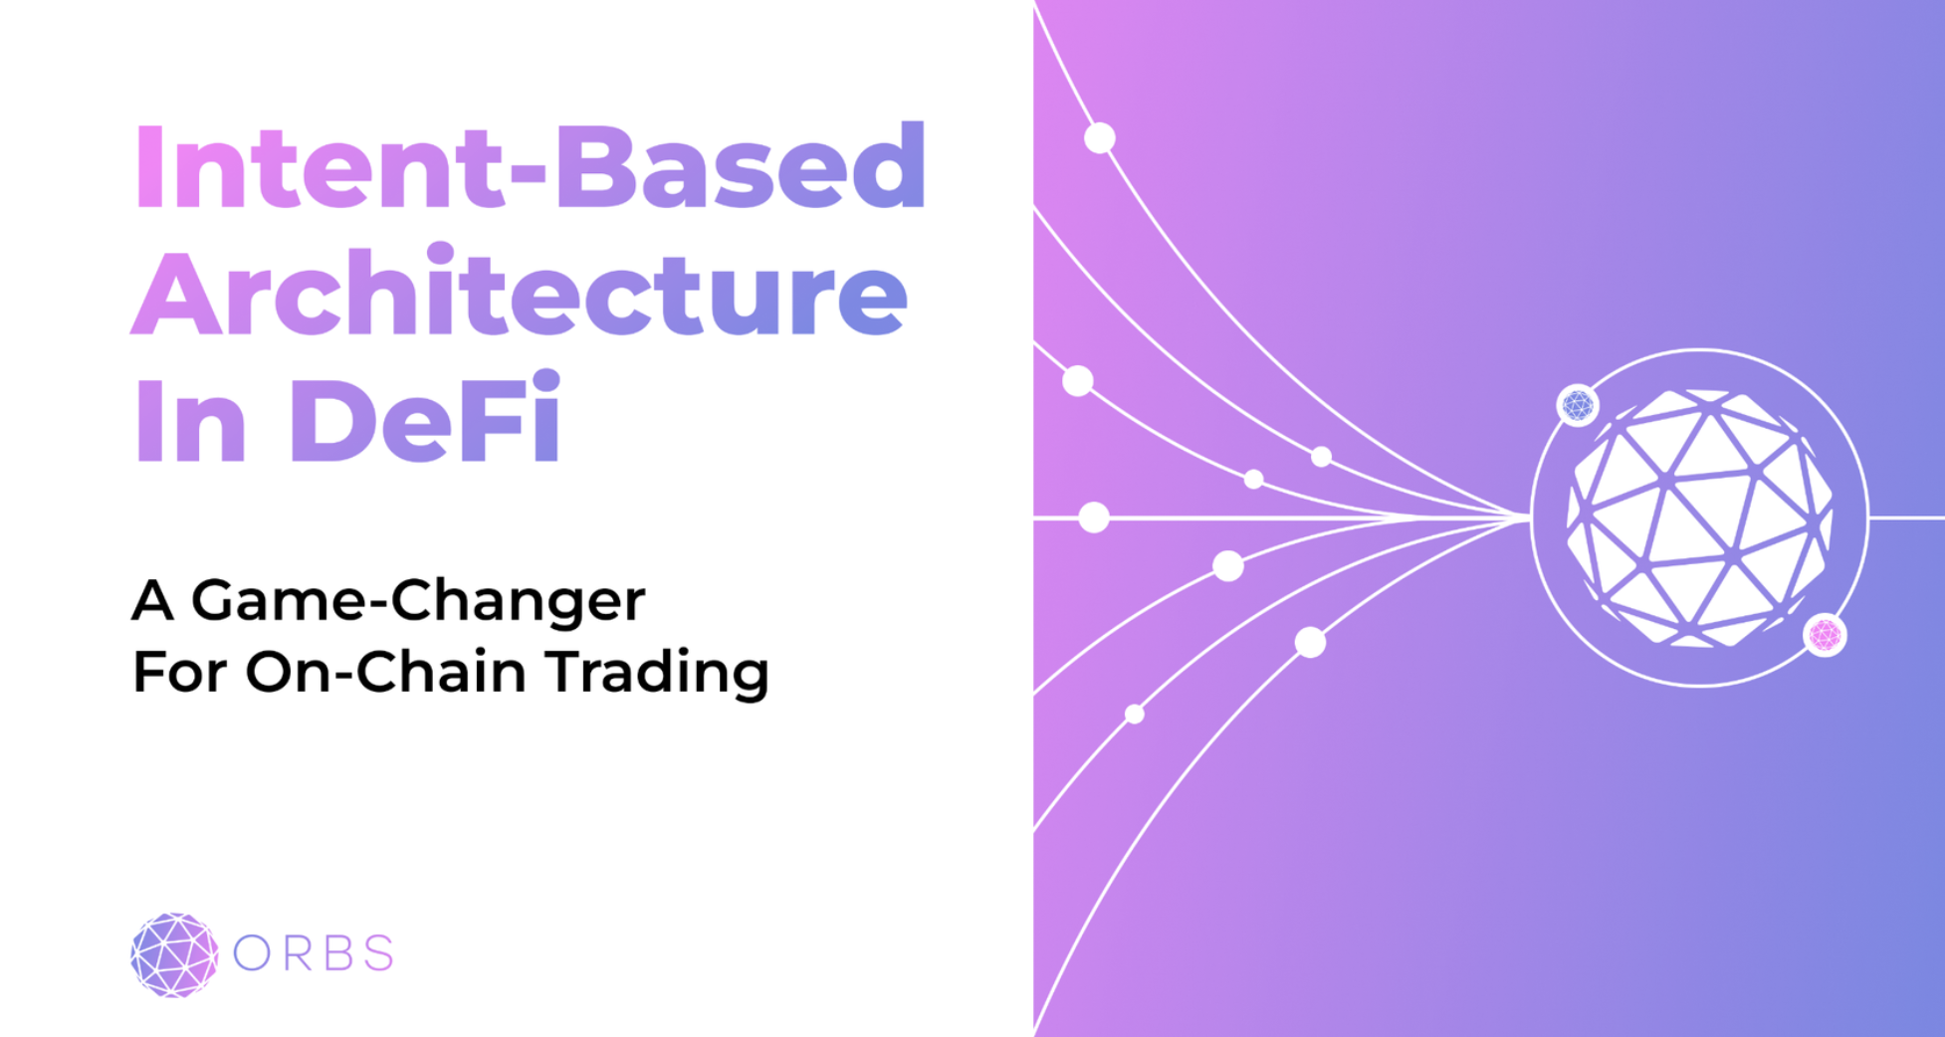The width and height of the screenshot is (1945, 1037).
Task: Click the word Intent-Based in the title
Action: pyautogui.click(x=530, y=166)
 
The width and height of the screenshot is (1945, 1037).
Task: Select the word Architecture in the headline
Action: pyautogui.click(x=520, y=293)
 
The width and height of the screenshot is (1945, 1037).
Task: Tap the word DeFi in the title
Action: pyautogui.click(x=426, y=418)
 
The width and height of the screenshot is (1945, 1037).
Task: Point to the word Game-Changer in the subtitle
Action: pyautogui.click(x=418, y=601)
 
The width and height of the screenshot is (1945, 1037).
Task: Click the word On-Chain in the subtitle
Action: pyautogui.click(x=386, y=671)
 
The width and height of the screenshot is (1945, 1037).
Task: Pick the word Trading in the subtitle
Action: pyautogui.click(x=659, y=673)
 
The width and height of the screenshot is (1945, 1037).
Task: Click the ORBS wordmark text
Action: pyautogui.click(x=314, y=953)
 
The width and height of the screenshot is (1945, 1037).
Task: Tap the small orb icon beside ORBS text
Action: pyautogui.click(x=174, y=954)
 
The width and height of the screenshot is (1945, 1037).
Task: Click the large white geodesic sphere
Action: pyautogui.click(x=1699, y=518)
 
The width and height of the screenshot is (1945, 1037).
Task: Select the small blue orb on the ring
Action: pyautogui.click(x=1578, y=405)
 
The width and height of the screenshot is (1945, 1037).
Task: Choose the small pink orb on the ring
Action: pyautogui.click(x=1825, y=634)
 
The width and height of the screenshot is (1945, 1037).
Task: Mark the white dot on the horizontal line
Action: pyautogui.click(x=1094, y=518)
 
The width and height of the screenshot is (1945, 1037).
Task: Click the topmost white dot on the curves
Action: pyautogui.click(x=1099, y=137)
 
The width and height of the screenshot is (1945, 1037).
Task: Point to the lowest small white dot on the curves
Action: pyautogui.click(x=1134, y=714)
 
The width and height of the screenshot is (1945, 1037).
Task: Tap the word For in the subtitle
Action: pyautogui.click(x=179, y=672)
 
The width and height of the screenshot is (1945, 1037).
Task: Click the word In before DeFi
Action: pyautogui.click(x=189, y=419)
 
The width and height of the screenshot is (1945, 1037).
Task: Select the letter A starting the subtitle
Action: pyautogui.click(x=152, y=601)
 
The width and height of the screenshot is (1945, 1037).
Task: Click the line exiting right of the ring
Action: pyautogui.click(x=1906, y=518)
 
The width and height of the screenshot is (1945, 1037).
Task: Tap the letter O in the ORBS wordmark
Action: pyautogui.click(x=252, y=953)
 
